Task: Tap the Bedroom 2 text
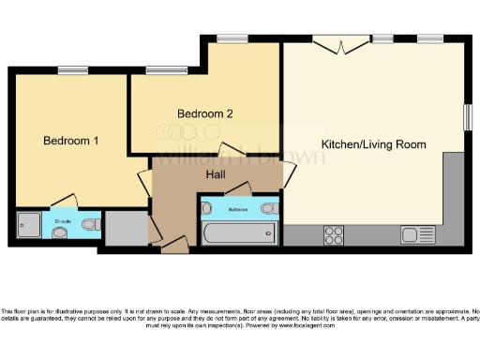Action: click(x=205, y=113)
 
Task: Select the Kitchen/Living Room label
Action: click(x=373, y=144)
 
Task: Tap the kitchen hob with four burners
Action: click(x=333, y=233)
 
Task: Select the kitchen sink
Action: click(x=413, y=233)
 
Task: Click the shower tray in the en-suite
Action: click(x=28, y=225)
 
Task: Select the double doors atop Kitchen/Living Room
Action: click(x=340, y=44)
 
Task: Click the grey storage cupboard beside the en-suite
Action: click(x=125, y=228)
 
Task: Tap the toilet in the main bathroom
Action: click(x=269, y=208)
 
